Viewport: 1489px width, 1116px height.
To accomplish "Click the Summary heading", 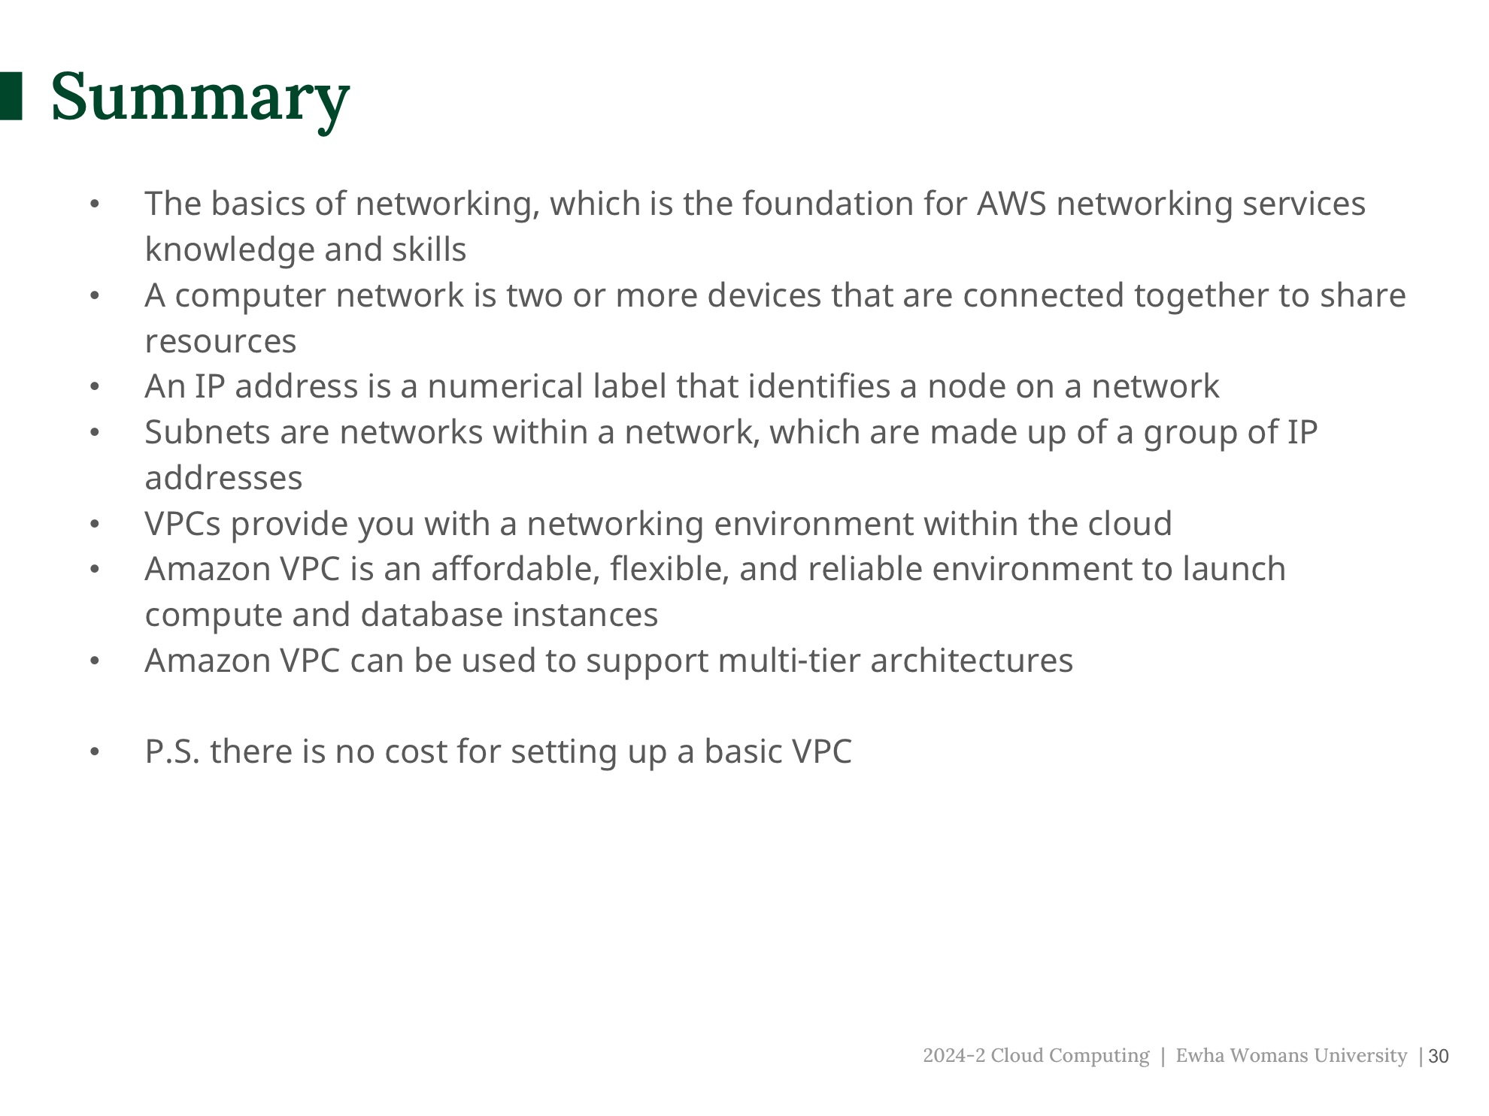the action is [200, 98].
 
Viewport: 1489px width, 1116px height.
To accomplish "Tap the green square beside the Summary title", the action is [11, 96].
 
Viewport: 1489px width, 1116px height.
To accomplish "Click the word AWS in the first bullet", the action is [1011, 204].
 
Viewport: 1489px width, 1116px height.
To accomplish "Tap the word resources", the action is [220, 342].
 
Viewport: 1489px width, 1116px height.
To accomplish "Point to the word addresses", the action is [223, 479].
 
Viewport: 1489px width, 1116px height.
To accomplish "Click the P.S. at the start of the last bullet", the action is [172, 752].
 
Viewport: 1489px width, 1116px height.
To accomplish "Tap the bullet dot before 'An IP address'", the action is [95, 387].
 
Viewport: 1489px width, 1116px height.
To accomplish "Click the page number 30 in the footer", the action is [1438, 1057].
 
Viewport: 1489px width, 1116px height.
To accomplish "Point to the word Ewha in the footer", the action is [1199, 1056].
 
